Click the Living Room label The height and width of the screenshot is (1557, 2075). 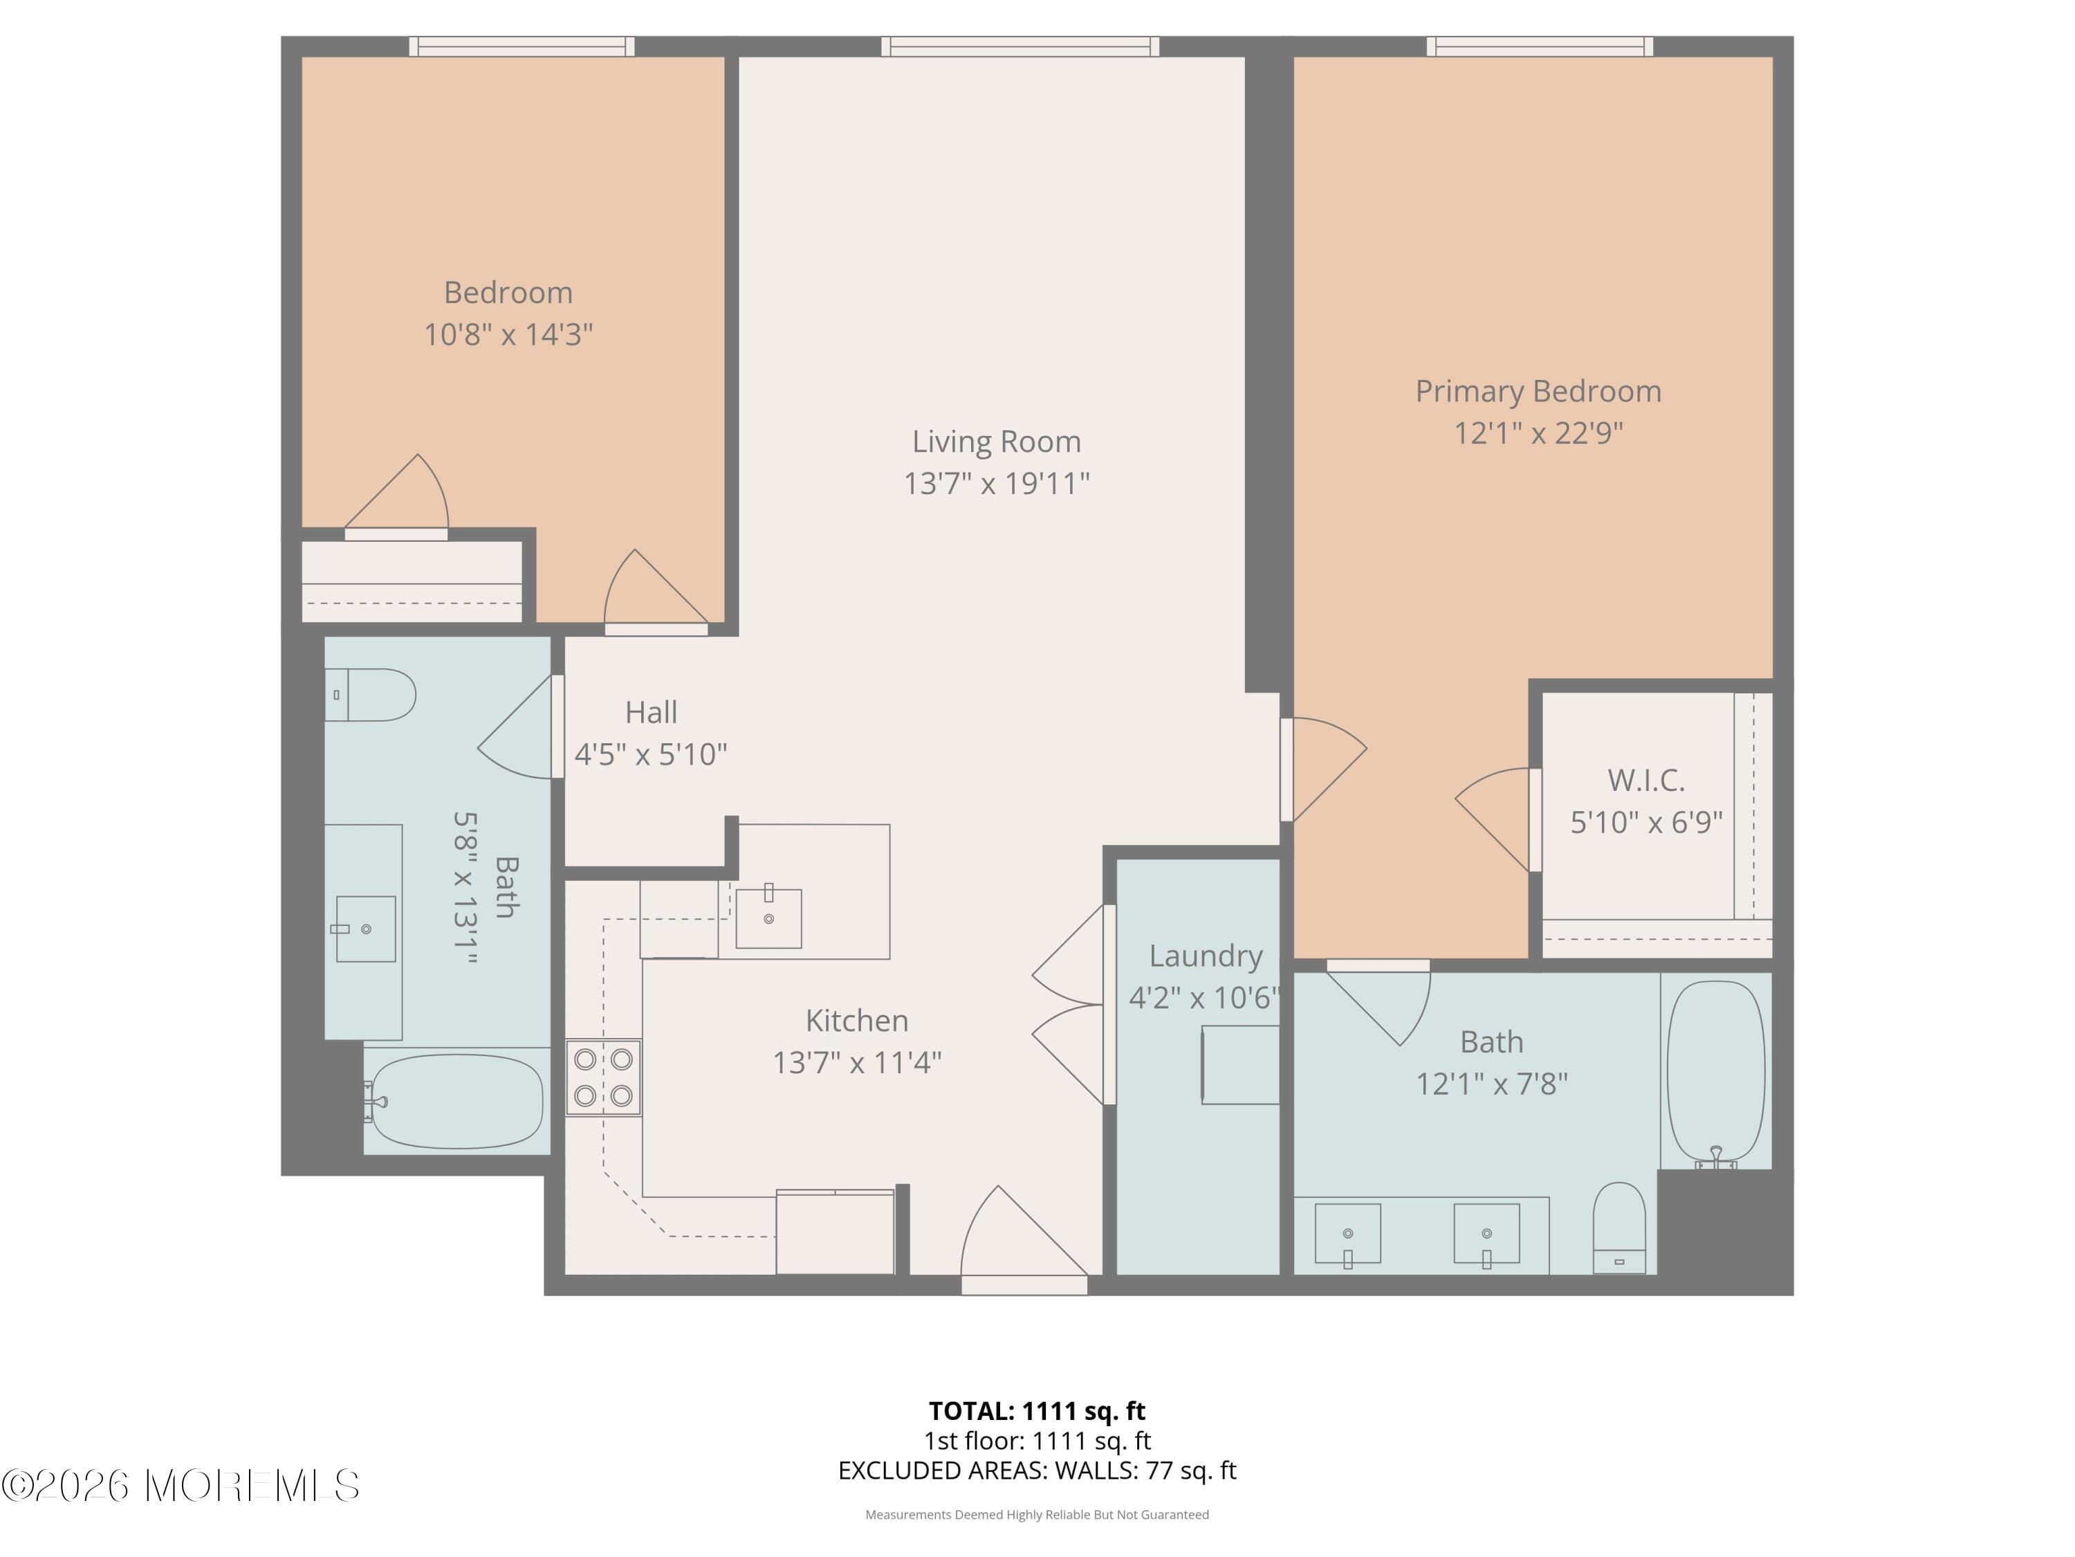tap(996, 441)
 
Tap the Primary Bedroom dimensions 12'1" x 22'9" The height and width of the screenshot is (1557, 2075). tap(1538, 432)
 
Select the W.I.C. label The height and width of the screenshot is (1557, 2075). tap(1645, 780)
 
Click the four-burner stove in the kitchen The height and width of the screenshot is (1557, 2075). tap(603, 1077)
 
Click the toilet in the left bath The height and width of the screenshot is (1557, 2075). tap(371, 695)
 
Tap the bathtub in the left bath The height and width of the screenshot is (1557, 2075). tap(456, 1101)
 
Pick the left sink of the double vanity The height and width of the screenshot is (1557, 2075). tap(1347, 1233)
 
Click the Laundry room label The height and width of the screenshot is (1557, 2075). tap(1206, 956)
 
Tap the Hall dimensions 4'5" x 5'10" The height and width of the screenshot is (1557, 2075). tap(650, 754)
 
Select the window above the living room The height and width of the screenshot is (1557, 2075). tap(1020, 46)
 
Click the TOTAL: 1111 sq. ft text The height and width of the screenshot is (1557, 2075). tap(1037, 1410)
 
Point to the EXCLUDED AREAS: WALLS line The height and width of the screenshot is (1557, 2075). tap(1037, 1470)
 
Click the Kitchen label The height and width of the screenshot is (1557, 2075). tap(856, 1020)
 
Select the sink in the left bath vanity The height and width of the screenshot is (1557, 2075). tap(365, 928)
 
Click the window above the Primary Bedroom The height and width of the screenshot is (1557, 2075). tap(1540, 46)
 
